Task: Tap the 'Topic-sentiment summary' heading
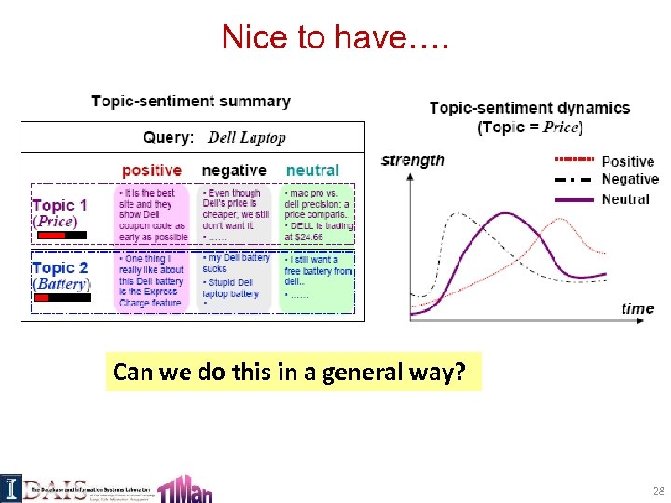click(x=191, y=101)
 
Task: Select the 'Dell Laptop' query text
click(x=247, y=138)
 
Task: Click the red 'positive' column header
click(x=152, y=170)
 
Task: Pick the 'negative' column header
click(x=234, y=170)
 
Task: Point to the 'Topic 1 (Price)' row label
click(x=60, y=213)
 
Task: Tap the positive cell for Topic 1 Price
click(x=153, y=214)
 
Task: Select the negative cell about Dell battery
click(x=236, y=280)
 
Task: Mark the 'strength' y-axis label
click(x=413, y=160)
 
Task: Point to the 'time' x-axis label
click(x=637, y=308)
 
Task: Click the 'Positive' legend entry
click(x=628, y=162)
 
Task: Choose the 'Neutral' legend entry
click(x=625, y=198)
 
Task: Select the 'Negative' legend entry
click(x=630, y=179)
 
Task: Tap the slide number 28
click(x=658, y=490)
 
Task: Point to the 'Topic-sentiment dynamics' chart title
click(x=529, y=108)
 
